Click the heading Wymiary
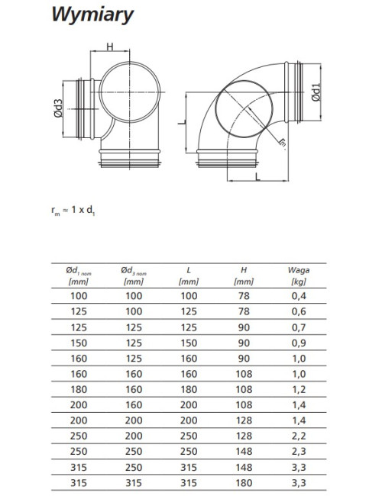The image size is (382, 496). [92, 14]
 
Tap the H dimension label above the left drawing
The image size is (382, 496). [109, 47]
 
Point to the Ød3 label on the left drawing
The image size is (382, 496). [58, 108]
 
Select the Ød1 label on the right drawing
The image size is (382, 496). [316, 92]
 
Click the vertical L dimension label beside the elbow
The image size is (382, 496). [181, 122]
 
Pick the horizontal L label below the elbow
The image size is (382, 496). [257, 176]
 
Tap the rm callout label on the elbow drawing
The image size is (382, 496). [282, 143]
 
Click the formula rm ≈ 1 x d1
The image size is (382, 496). [73, 210]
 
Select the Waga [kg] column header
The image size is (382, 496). [299, 275]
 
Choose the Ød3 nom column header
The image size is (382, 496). [134, 275]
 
